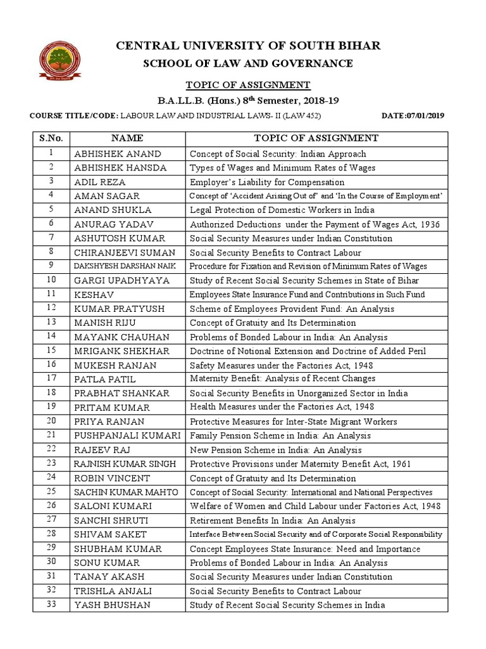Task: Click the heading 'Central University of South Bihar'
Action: (x=247, y=46)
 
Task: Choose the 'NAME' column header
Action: (x=127, y=138)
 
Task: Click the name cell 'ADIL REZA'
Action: (x=100, y=182)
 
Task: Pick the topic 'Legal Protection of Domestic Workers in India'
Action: (x=282, y=210)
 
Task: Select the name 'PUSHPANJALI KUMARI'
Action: (x=127, y=436)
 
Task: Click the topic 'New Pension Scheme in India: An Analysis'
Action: (x=275, y=450)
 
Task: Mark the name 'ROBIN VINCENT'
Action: (x=112, y=479)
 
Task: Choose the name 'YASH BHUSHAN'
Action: (x=112, y=605)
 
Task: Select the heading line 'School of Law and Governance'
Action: (x=247, y=63)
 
